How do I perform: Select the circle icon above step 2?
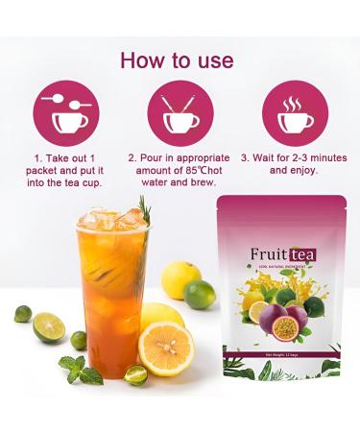click(180, 113)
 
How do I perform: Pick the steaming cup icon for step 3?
click(295, 113)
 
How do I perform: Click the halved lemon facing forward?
click(166, 348)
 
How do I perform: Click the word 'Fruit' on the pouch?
click(269, 254)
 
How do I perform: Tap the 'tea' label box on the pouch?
click(302, 254)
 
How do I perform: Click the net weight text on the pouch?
click(280, 356)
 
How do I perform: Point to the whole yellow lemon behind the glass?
click(180, 279)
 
